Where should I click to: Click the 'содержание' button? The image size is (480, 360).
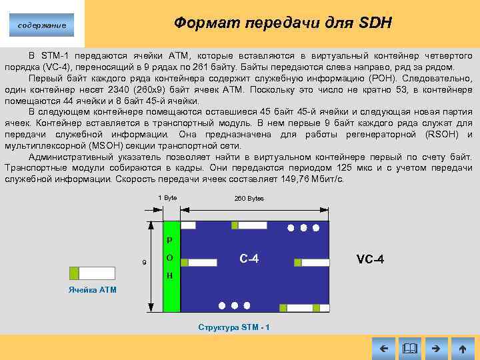(42, 25)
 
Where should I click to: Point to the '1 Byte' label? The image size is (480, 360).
(168, 198)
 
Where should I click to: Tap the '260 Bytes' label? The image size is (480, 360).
(249, 199)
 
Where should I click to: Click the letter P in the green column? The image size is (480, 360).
(170, 240)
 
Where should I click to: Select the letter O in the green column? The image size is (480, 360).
(170, 258)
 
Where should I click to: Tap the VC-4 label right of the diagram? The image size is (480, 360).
(370, 259)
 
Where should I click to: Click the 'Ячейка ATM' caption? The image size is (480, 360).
(92, 290)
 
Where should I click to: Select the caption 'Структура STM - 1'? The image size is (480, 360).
(234, 327)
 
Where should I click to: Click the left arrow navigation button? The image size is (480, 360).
(383, 348)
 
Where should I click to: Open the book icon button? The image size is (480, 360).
(409, 348)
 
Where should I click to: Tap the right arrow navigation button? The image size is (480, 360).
(436, 348)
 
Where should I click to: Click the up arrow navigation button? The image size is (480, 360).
(462, 348)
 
